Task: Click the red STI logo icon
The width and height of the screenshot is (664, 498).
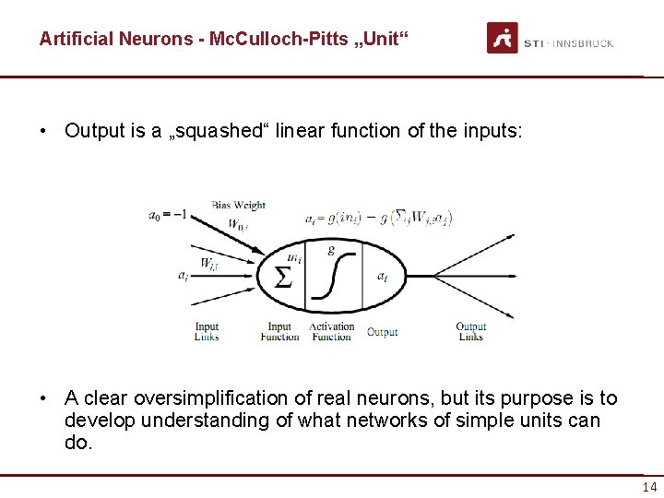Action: pos(503,39)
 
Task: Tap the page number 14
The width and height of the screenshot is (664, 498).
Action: pos(649,487)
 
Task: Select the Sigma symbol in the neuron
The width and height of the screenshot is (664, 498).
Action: pos(284,276)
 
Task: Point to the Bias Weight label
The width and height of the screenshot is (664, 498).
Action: pos(238,205)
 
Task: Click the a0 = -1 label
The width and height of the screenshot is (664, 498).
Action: pos(168,215)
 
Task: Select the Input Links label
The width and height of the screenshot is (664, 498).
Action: pos(207,331)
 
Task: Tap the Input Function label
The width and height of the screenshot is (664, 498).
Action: pos(279,331)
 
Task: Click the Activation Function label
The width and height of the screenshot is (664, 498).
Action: pos(331,331)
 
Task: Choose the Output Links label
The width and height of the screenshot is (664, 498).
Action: pos(470,331)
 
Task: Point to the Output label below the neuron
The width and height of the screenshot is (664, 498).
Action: pos(382,332)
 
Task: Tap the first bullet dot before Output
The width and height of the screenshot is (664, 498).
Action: pos(43,131)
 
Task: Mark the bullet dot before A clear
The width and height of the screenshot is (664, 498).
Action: pos(43,398)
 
